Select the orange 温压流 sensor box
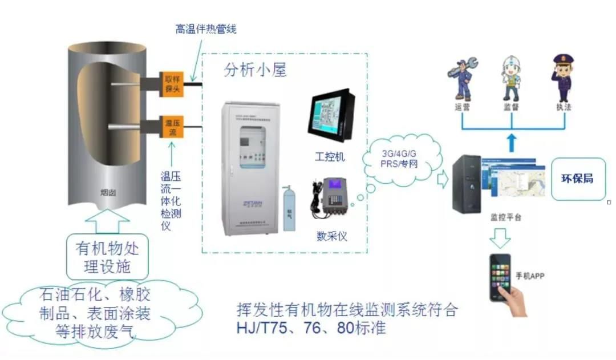(x=172, y=127)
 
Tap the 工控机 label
(x=330, y=156)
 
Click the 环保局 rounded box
(x=578, y=179)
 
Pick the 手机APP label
(x=530, y=276)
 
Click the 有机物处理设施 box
(x=107, y=257)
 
